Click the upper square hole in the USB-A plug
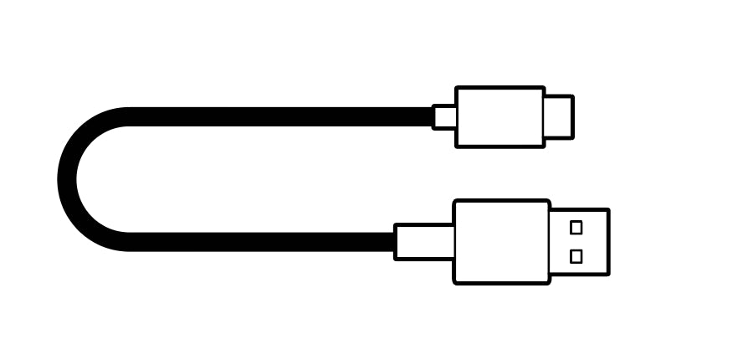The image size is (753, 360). pyautogui.click(x=576, y=227)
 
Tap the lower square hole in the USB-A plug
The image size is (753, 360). pyautogui.click(x=576, y=256)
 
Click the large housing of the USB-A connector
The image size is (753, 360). pyautogui.click(x=501, y=242)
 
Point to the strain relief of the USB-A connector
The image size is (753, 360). pyautogui.click(x=425, y=242)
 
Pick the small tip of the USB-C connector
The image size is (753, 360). pyautogui.click(x=558, y=117)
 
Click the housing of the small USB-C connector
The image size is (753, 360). pyautogui.click(x=499, y=117)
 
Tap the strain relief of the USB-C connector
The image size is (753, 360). pyautogui.click(x=445, y=117)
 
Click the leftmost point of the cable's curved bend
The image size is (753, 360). pyautogui.click(x=67, y=179)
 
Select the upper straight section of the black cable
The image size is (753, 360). pyautogui.click(x=276, y=116)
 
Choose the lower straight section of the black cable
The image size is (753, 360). pyautogui.click(x=259, y=242)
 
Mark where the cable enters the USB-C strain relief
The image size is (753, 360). pyautogui.click(x=433, y=117)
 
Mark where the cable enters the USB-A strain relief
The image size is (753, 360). pyautogui.click(x=396, y=242)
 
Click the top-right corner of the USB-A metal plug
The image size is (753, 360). pyautogui.click(x=607, y=210)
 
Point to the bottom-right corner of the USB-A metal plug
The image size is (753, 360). pyautogui.click(x=607, y=274)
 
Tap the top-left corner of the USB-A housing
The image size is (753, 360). pyautogui.click(x=455, y=202)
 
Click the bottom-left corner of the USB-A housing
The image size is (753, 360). pyautogui.click(x=455, y=282)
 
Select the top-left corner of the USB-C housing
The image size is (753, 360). pyautogui.click(x=457, y=88)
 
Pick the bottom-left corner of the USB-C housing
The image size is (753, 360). pyautogui.click(x=457, y=147)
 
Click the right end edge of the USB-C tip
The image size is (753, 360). pyautogui.click(x=572, y=117)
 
